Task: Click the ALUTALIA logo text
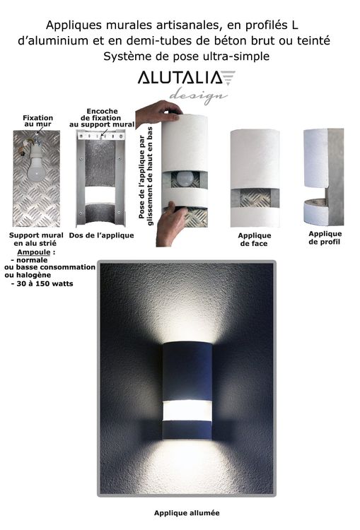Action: [180, 78]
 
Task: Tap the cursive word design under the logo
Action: [198, 95]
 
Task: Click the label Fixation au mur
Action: [37, 121]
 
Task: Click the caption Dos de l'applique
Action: [101, 235]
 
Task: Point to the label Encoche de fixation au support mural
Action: [102, 117]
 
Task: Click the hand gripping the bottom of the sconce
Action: [172, 223]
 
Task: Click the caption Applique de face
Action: [254, 240]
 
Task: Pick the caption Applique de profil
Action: [325, 237]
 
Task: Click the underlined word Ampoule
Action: [34, 252]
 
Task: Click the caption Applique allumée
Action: [187, 513]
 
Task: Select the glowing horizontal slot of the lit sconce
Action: [187, 411]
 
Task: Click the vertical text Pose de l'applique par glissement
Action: [146, 176]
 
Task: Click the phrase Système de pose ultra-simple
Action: [187, 56]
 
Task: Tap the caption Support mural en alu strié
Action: [36, 239]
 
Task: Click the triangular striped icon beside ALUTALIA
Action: [228, 78]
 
